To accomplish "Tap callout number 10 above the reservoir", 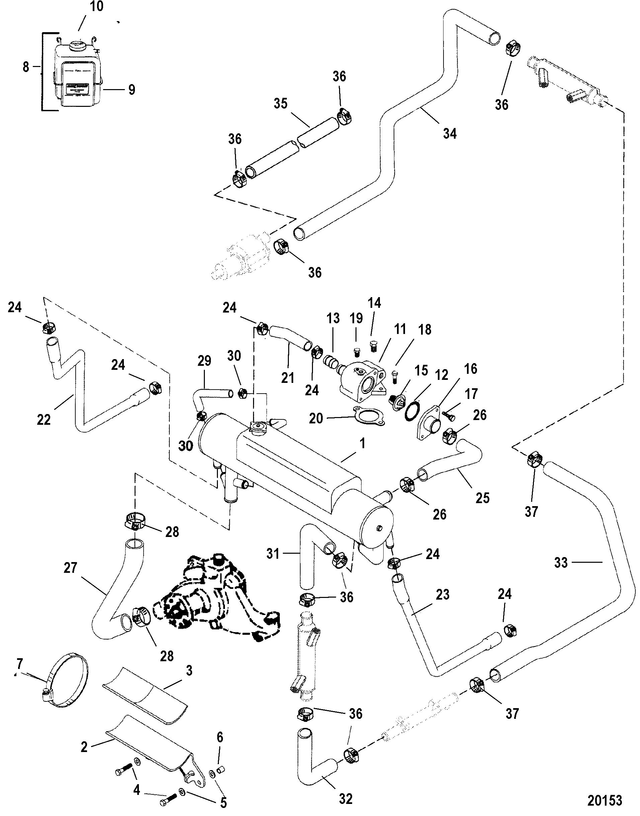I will click(97, 7).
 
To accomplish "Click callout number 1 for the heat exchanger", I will click(362, 444).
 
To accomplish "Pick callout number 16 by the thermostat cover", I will click(470, 369).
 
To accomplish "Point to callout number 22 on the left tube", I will click(44, 419).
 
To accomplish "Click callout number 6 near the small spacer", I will click(220, 737).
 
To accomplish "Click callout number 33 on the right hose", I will click(561, 562).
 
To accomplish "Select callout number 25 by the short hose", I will click(483, 498).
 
